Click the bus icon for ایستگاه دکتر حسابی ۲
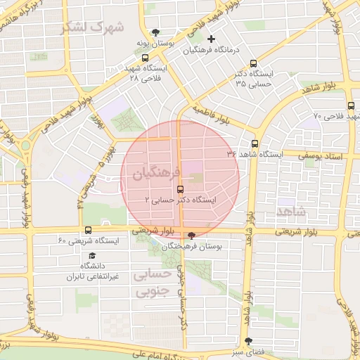[x=181, y=188]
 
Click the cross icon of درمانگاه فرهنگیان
[x=211, y=39]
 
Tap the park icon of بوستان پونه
[x=155, y=32]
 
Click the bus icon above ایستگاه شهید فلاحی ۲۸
[x=145, y=58]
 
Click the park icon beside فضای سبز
[x=247, y=340]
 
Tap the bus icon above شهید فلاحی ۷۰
[x=351, y=105]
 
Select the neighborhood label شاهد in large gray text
[x=292, y=211]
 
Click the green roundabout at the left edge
[x=26, y=146]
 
